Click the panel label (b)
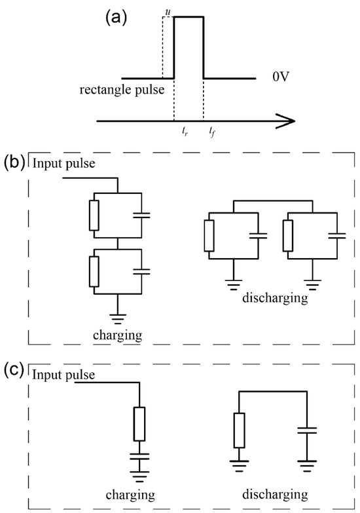[14, 161]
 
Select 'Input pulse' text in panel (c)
[65, 375]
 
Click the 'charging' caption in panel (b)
[118, 334]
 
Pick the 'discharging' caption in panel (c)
[274, 493]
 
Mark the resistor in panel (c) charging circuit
[139, 424]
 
